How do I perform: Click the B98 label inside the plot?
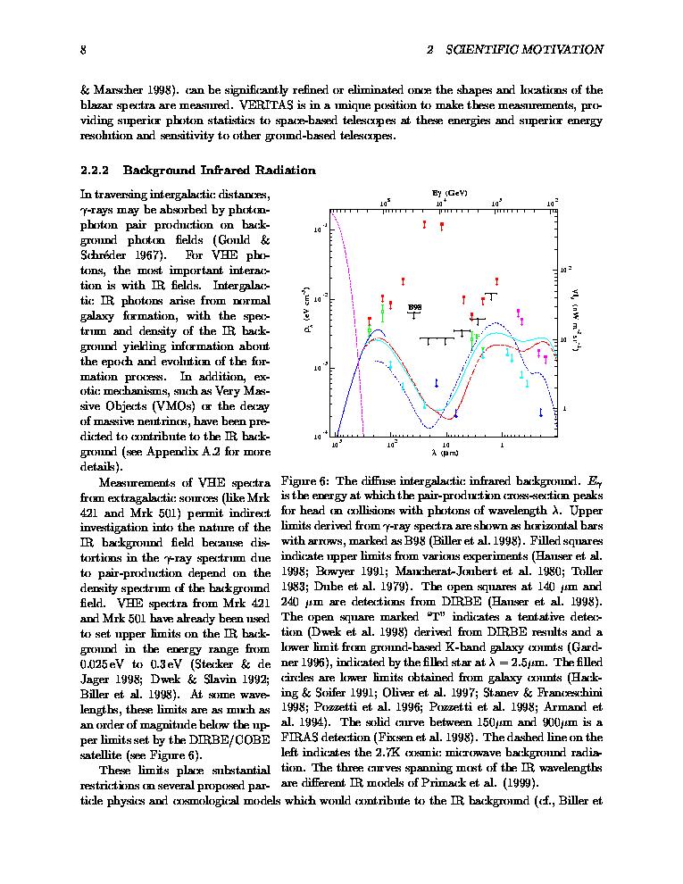[x=415, y=307]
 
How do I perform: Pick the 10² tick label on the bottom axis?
[x=391, y=444]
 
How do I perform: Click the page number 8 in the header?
[x=83, y=50]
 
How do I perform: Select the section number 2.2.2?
[x=95, y=170]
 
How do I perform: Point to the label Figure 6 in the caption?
[x=304, y=480]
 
